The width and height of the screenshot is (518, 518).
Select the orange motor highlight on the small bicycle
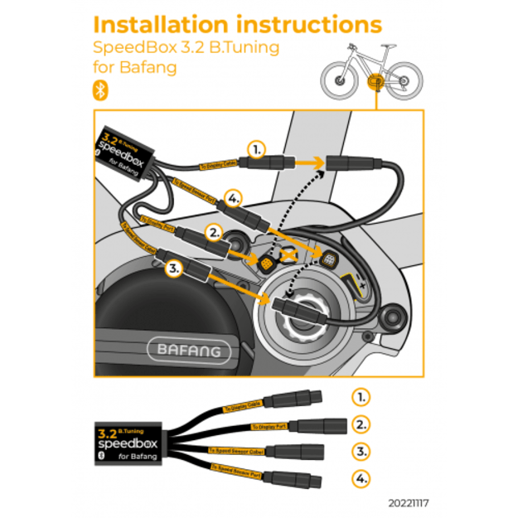[374, 83]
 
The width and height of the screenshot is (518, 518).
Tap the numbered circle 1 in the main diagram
[257, 150]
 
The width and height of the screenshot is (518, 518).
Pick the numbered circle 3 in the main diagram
[173, 268]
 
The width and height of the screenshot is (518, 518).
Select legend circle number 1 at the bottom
[360, 396]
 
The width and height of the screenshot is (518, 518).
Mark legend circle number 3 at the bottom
[360, 452]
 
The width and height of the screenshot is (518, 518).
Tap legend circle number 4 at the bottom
[360, 479]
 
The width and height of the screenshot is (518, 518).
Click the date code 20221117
[409, 503]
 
